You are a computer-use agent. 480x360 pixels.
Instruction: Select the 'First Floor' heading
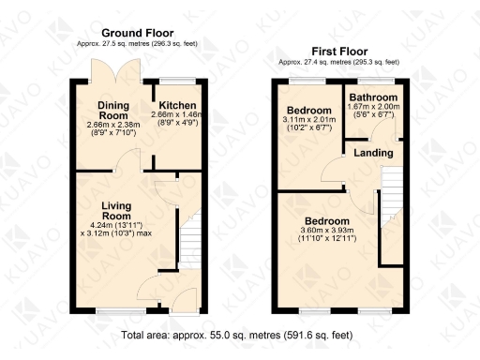(x=338, y=52)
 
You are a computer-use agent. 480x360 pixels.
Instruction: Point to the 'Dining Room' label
(x=119, y=110)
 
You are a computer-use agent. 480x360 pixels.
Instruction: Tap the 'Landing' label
(x=373, y=153)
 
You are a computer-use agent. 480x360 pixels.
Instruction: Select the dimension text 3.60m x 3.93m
(x=327, y=232)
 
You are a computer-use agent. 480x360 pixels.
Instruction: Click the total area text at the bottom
(x=237, y=334)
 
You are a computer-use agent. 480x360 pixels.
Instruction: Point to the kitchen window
(x=173, y=79)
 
